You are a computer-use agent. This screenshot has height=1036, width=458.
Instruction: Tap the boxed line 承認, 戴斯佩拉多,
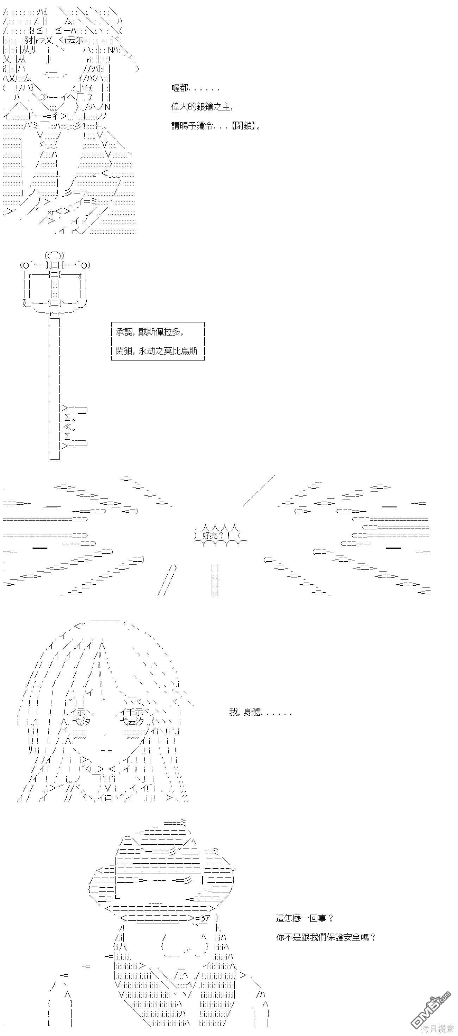150,332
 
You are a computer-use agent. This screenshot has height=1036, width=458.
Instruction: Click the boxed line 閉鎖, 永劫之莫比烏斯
156,351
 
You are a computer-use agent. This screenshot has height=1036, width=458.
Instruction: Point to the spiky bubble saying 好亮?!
220,535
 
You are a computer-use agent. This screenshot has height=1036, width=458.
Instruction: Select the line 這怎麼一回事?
304,918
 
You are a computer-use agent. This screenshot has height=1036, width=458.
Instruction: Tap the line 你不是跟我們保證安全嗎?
326,937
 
